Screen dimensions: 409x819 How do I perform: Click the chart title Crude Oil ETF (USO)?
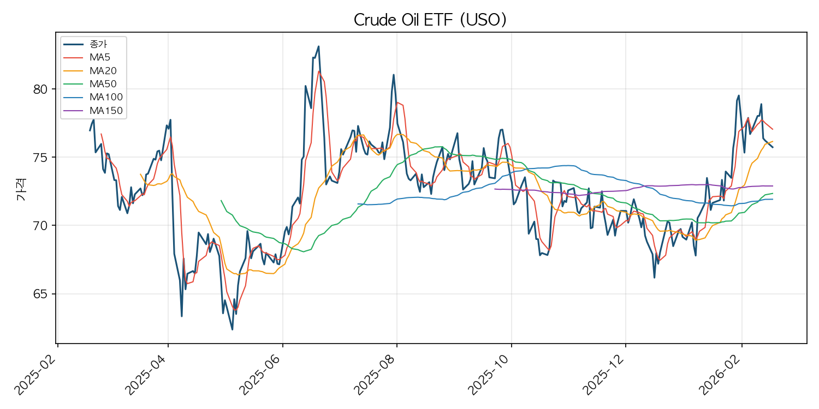(x=430, y=20)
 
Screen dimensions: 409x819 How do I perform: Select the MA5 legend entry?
(x=100, y=57)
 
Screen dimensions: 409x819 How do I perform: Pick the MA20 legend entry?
(x=103, y=70)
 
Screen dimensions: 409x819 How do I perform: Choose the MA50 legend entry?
(x=103, y=84)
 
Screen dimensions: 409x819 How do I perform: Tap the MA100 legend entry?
(x=105, y=98)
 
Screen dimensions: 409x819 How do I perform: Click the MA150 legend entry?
(x=105, y=111)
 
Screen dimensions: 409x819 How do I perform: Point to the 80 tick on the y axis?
(x=41, y=89)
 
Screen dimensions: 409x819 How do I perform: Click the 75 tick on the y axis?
(x=41, y=158)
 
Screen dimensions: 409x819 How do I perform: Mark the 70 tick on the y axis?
(x=41, y=226)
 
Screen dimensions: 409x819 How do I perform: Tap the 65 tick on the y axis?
(x=41, y=294)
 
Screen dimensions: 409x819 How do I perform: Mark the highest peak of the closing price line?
(x=318, y=46)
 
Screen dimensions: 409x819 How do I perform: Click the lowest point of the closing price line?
(x=232, y=329)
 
